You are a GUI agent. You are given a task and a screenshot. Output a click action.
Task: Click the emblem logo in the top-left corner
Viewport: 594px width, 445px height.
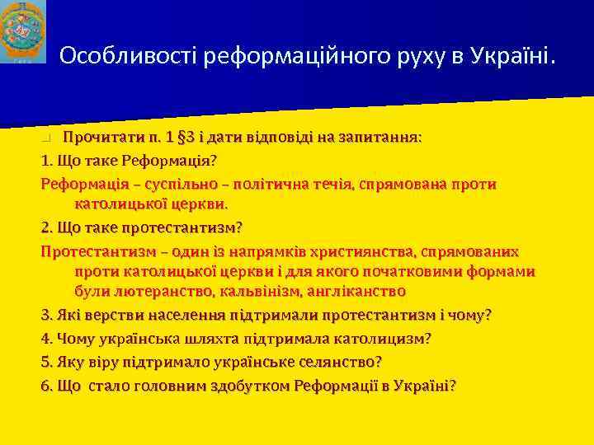click(23, 32)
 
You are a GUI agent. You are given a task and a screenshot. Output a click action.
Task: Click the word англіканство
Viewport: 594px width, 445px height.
click(355, 292)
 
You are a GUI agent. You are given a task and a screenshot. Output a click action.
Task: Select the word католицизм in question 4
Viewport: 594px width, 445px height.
click(379, 338)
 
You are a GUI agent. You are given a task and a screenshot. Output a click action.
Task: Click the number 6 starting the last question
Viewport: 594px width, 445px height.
click(45, 386)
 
